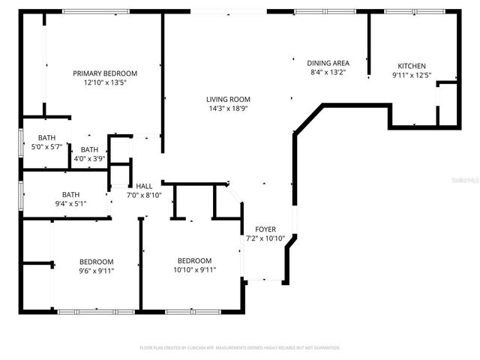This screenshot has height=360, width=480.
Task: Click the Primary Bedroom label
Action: [x=105, y=73]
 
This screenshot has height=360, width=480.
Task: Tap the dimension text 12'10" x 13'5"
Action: [x=105, y=83]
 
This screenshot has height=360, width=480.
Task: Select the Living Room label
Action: [x=229, y=99]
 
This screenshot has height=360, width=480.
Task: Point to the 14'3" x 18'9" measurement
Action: [x=229, y=109]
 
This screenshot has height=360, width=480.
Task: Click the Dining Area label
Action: [x=328, y=63]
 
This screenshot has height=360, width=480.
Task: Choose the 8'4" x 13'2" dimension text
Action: [x=328, y=73]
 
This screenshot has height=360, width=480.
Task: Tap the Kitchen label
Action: [x=412, y=66]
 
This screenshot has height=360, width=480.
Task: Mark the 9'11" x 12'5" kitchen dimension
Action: [x=412, y=76]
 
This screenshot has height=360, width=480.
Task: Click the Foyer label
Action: [x=265, y=229]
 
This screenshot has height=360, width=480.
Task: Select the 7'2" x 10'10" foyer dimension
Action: [x=265, y=238]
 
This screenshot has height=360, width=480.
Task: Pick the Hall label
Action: [x=144, y=185]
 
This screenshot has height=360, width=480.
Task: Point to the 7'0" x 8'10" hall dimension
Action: [x=144, y=195]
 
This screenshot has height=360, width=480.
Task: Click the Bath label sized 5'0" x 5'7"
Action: [x=47, y=137]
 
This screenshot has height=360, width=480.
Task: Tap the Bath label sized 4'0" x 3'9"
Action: [x=89, y=149]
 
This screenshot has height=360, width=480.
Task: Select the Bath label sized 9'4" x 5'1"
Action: [x=71, y=193]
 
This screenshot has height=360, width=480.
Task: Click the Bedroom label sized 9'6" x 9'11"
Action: [x=97, y=261]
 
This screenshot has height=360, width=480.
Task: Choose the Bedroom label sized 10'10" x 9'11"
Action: [x=195, y=260]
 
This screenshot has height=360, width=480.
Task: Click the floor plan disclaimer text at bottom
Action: [x=240, y=348]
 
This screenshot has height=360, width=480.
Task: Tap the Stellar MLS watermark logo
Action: [x=463, y=181]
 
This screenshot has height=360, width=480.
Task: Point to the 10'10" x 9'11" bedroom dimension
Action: [x=195, y=270]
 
